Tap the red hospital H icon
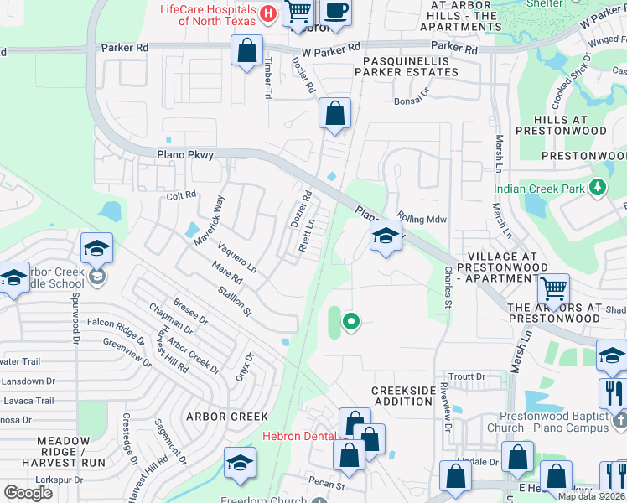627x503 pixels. click(x=268, y=13)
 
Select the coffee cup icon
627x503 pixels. click(x=336, y=12)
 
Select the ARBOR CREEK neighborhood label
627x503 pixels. click(x=227, y=417)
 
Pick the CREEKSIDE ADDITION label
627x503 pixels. click(x=403, y=397)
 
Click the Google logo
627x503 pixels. click(x=28, y=492)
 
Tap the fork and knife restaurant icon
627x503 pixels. click(x=613, y=392)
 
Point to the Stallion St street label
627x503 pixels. click(x=235, y=300)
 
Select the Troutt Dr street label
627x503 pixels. click(x=468, y=377)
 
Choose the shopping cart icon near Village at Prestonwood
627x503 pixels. click(x=553, y=289)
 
